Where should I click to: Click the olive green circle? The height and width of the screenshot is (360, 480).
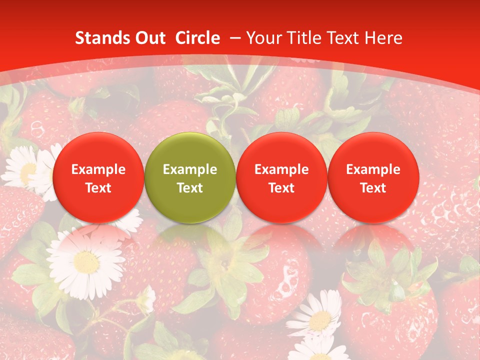point(190,177)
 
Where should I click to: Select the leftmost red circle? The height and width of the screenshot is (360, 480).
point(98,177)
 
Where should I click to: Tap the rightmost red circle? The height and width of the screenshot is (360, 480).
point(373,177)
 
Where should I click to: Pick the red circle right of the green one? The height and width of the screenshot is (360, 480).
point(281,177)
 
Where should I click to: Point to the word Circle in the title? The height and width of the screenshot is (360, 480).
point(197,38)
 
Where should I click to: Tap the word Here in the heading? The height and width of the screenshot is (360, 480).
point(384,38)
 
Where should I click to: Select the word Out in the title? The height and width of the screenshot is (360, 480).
point(149,38)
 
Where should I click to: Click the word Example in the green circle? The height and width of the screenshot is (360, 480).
point(190,169)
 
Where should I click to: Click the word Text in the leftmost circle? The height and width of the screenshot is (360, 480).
point(98,188)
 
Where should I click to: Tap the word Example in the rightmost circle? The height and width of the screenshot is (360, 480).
point(373,169)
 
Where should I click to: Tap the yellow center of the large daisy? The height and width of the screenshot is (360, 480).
point(85,261)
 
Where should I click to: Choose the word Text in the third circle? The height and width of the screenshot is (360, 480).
point(281,188)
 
